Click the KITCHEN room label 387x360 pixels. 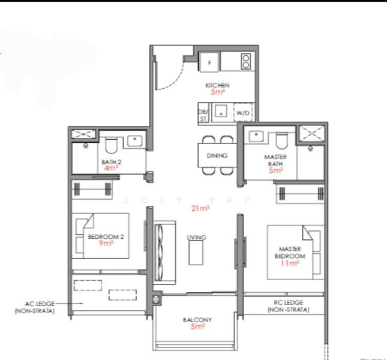click(x=217, y=86)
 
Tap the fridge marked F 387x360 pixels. click(x=209, y=62)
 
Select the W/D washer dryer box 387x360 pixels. click(x=244, y=112)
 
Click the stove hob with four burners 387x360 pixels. click(x=245, y=61)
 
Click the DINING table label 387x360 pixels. click(x=217, y=155)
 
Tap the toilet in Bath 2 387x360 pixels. click(x=111, y=145)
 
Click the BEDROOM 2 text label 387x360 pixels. click(x=106, y=237)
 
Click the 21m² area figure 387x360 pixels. click(x=200, y=208)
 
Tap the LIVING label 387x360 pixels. click(x=196, y=238)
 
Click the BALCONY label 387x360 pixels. click(x=197, y=320)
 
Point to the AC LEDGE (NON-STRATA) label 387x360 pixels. click(x=35, y=308)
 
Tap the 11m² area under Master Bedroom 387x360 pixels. click(x=290, y=263)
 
